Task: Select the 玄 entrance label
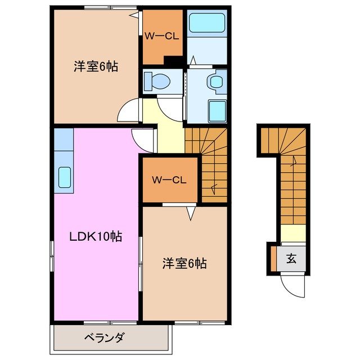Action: point(291,259)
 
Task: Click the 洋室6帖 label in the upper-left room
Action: point(96,66)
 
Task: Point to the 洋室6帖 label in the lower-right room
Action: point(184,263)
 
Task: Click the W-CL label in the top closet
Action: point(162,37)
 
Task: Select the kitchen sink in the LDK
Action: point(64,178)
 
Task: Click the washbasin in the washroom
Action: point(215,82)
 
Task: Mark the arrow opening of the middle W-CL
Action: point(191,212)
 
